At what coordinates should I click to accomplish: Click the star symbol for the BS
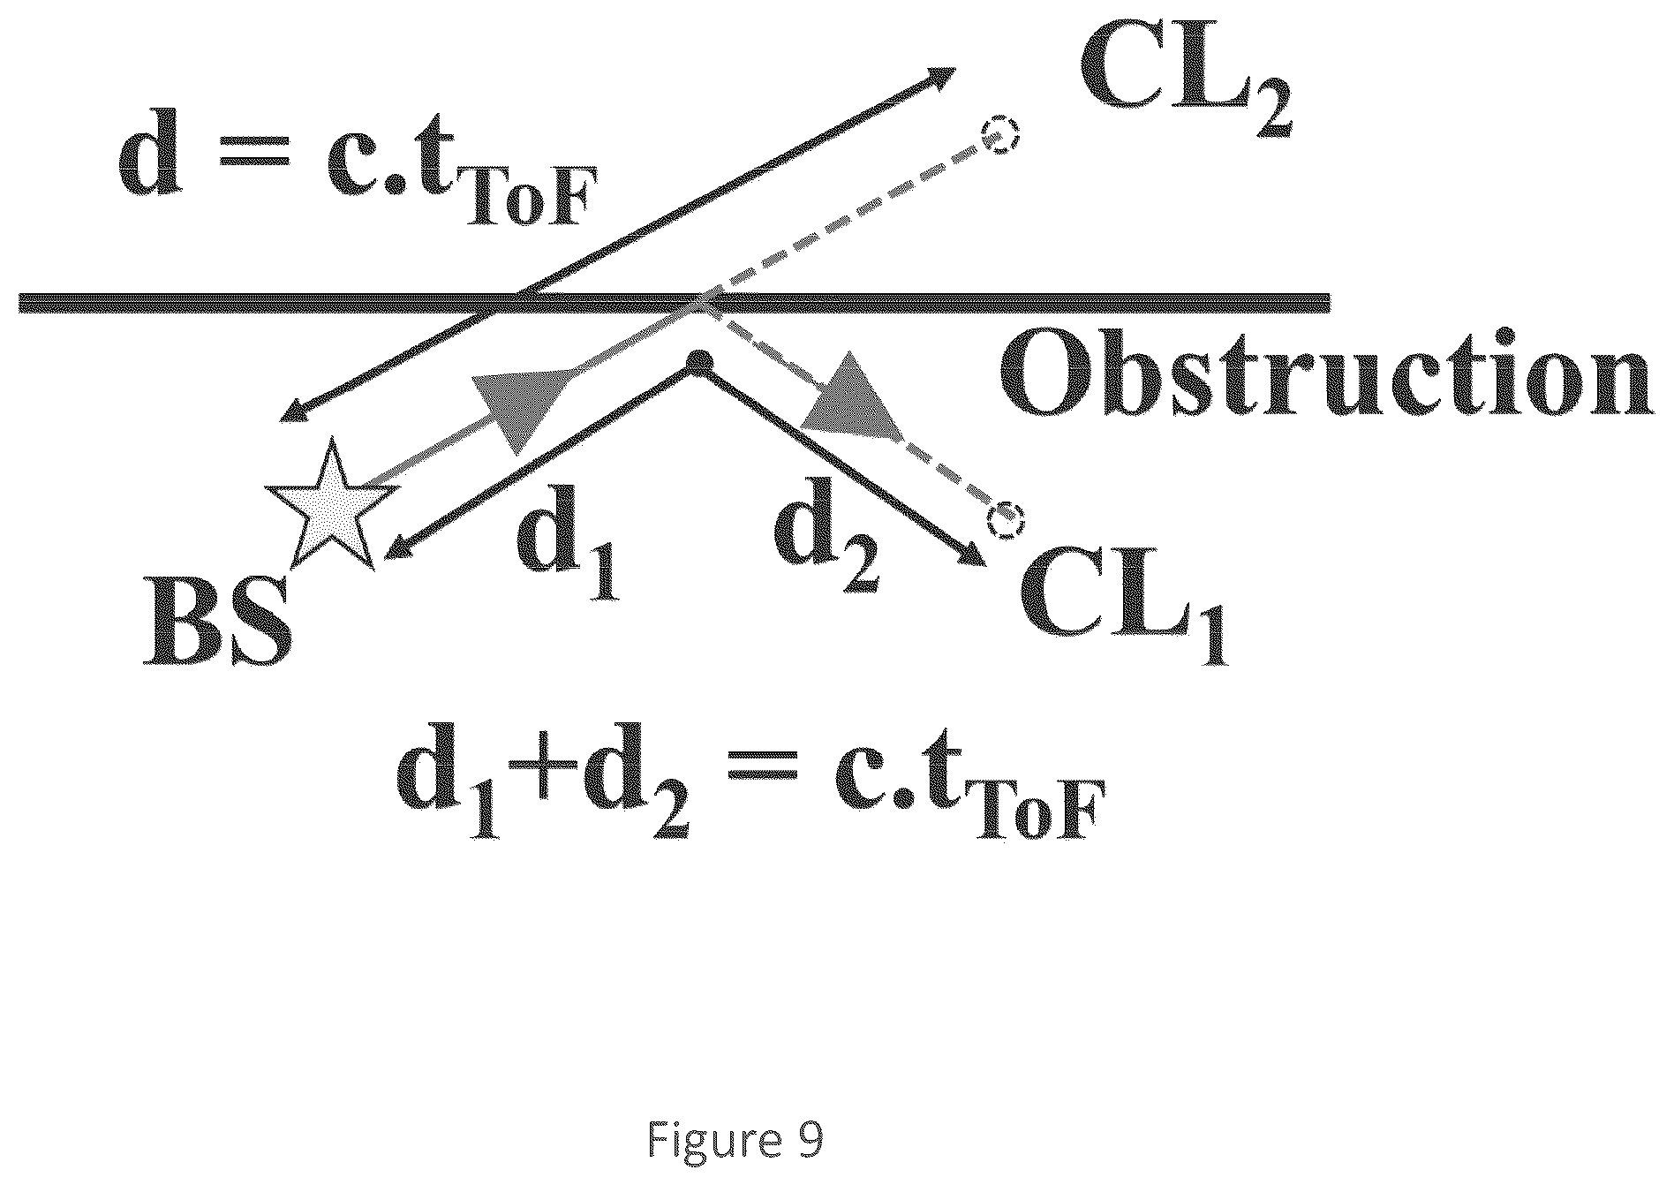(x=328, y=509)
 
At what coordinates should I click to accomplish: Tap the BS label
(x=217, y=621)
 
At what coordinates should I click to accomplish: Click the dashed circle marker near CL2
(x=1002, y=138)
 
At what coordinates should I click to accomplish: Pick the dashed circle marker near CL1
(x=1005, y=520)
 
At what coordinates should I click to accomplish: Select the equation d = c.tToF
(x=351, y=176)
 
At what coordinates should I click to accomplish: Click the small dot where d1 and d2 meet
(x=699, y=361)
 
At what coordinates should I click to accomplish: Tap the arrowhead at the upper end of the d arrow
(x=937, y=77)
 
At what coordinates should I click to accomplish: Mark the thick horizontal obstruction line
(x=675, y=303)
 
